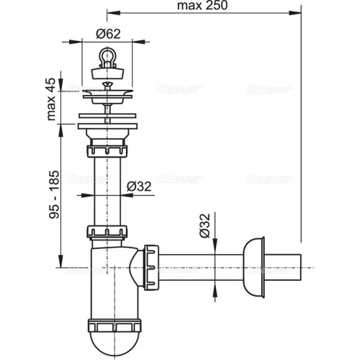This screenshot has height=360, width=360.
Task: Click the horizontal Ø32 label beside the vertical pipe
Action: (141, 186)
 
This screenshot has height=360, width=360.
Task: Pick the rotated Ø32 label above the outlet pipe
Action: (204, 228)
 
